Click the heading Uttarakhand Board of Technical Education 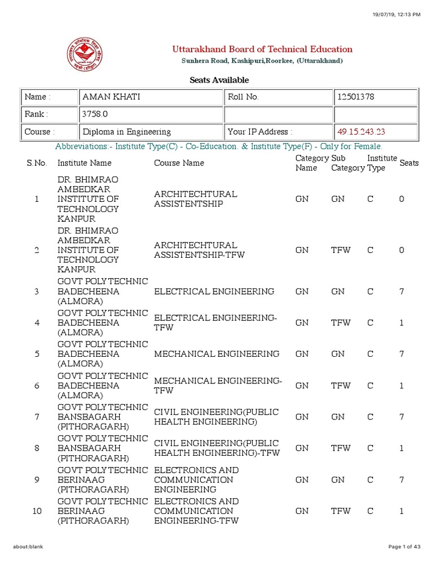pos(262,49)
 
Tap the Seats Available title pos(219,80)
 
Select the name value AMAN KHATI pos(111,97)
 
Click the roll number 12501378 pos(355,97)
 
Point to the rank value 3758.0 pos(93,114)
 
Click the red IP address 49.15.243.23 pos(361,132)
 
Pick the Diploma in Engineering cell pos(127,132)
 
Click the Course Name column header pos(179,163)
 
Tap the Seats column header pos(409,163)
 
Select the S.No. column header pos(37,163)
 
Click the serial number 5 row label pos(37,354)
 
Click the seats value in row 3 pos(402,291)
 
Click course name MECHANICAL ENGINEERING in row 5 pos(216,354)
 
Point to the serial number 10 pos(37,511)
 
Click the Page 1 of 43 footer pos(405,547)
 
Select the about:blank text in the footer pos(28,547)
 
